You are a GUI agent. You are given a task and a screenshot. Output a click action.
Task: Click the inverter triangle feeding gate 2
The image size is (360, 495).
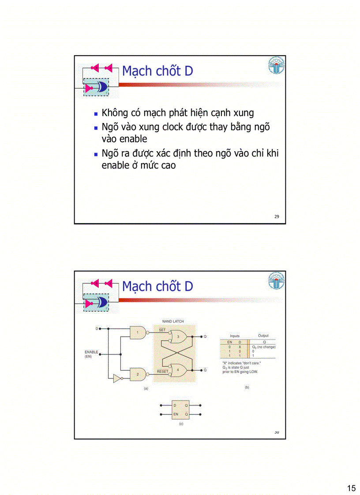117,379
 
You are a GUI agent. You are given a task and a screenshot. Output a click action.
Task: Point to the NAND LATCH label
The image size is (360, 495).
173,321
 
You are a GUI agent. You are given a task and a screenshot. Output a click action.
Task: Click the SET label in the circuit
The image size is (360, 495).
162,330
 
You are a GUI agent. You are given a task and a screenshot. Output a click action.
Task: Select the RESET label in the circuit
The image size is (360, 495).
162,372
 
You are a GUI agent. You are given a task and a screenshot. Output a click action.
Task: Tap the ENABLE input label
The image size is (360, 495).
91,352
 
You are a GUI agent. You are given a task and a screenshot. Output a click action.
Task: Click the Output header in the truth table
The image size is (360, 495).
263,336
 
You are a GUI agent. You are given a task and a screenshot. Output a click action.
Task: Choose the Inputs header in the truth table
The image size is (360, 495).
235,336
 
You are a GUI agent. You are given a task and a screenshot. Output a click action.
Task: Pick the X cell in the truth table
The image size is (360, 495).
240,347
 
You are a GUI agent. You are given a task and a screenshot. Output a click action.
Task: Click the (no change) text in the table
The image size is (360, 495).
266,347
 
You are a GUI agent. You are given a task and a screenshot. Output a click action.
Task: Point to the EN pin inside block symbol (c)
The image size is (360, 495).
176,414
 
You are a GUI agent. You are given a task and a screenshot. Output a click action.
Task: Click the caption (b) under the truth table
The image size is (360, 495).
247,387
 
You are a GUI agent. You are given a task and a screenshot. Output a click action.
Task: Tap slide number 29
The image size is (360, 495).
277,216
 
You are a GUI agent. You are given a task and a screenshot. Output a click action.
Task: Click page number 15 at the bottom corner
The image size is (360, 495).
351,488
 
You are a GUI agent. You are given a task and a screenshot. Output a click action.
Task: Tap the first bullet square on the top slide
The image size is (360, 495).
96,113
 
